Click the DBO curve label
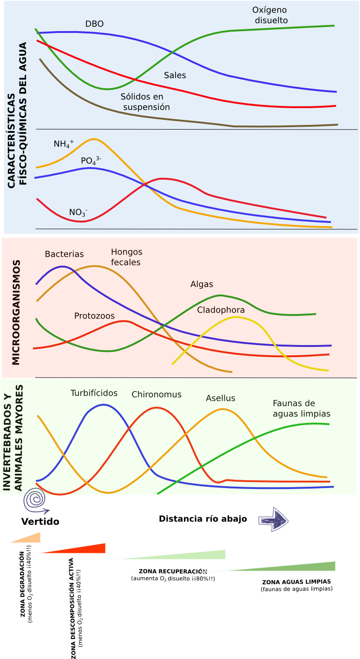[x=94, y=24]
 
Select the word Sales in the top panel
[x=175, y=75]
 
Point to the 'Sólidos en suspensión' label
[x=144, y=102]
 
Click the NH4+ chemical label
[x=64, y=144]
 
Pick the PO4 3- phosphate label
[x=91, y=161]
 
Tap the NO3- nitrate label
[x=78, y=212]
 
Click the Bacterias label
[x=64, y=254]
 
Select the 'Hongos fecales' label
[x=126, y=257]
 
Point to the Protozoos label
[x=94, y=316]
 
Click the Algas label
[x=202, y=284]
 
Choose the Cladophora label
[x=221, y=310]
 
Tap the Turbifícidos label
[x=94, y=393]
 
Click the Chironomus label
[x=157, y=395]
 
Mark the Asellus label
[x=221, y=398]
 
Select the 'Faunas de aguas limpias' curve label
[x=301, y=408]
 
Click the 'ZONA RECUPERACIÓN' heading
[x=172, y=570]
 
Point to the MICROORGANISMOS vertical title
[x=16, y=313]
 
